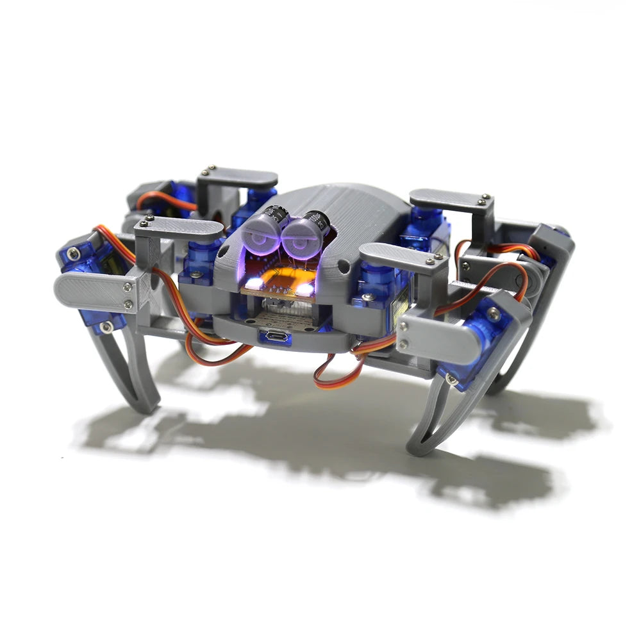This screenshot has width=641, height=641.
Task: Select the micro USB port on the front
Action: (x=275, y=336)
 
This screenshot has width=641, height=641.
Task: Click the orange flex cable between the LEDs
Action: (x=281, y=279)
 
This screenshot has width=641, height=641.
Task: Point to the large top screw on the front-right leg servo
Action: (x=493, y=313)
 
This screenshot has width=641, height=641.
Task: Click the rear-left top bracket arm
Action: (x=237, y=176)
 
